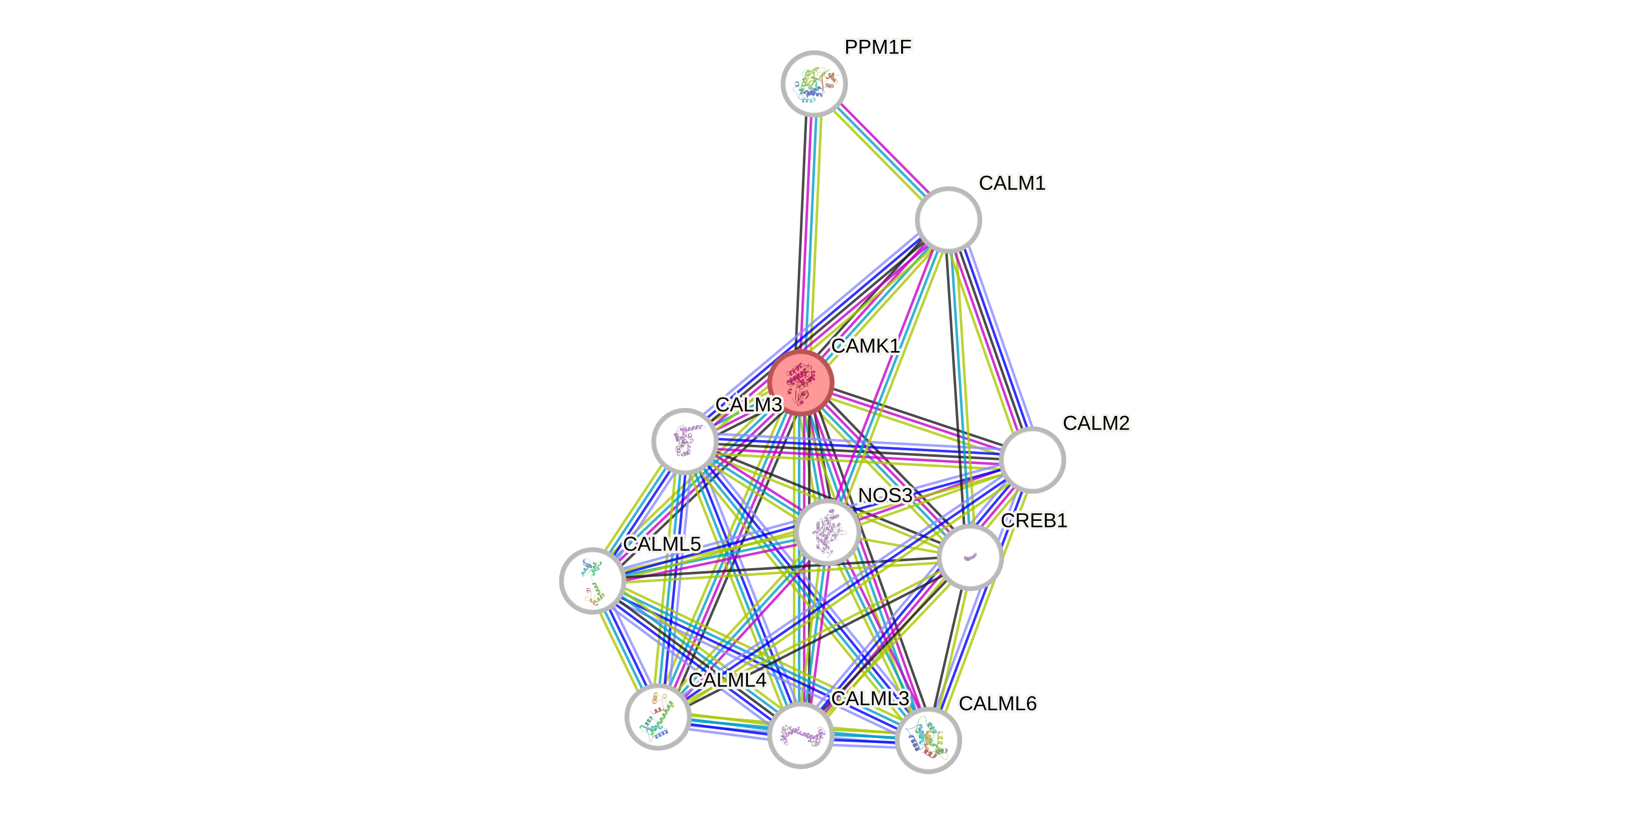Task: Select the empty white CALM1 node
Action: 948,219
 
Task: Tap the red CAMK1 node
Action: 800,382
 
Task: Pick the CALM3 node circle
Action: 685,441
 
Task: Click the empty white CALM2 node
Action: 1032,459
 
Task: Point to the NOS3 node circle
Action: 828,531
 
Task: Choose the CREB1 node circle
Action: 970,557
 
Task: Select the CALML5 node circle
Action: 592,580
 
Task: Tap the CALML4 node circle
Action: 658,717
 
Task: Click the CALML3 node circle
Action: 800,735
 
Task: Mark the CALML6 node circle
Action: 928,740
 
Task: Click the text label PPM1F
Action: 877,46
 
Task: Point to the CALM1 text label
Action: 1012,183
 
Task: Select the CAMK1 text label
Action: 865,347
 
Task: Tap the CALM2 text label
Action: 1096,423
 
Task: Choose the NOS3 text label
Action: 884,495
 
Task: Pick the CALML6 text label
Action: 997,704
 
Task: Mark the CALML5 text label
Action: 661,544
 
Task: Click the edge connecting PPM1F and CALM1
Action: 881,151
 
